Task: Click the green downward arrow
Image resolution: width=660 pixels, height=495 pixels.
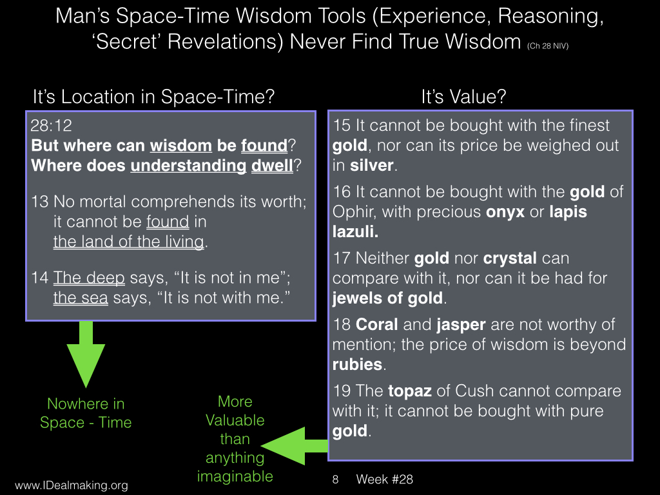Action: click(86, 354)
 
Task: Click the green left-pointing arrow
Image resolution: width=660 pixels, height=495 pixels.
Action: click(295, 446)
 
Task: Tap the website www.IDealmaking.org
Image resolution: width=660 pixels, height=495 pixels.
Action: click(72, 485)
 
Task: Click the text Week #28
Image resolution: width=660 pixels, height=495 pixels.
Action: click(384, 479)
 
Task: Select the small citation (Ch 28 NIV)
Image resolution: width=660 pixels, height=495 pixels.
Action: click(548, 46)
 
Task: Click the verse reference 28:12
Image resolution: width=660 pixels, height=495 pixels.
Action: click(52, 126)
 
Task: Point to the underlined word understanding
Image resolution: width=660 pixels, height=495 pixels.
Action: click(188, 166)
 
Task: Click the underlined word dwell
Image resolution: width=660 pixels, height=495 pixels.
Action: click(272, 166)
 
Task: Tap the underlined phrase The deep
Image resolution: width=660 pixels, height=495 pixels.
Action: click(89, 278)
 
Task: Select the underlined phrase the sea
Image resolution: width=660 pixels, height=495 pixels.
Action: click(81, 298)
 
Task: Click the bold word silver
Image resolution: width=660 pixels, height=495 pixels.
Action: click(372, 166)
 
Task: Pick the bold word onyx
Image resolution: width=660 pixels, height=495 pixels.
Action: click(505, 212)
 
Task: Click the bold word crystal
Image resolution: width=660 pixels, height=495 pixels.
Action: click(510, 258)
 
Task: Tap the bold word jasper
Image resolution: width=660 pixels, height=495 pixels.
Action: click(461, 325)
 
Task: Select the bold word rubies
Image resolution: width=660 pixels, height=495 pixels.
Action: click(357, 365)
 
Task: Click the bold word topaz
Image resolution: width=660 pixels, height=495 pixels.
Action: click(409, 391)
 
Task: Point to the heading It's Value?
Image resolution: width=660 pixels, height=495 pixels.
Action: click(463, 97)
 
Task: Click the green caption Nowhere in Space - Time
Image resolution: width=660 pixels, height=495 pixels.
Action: click(86, 413)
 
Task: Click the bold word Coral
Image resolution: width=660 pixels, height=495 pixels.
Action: click(376, 325)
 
